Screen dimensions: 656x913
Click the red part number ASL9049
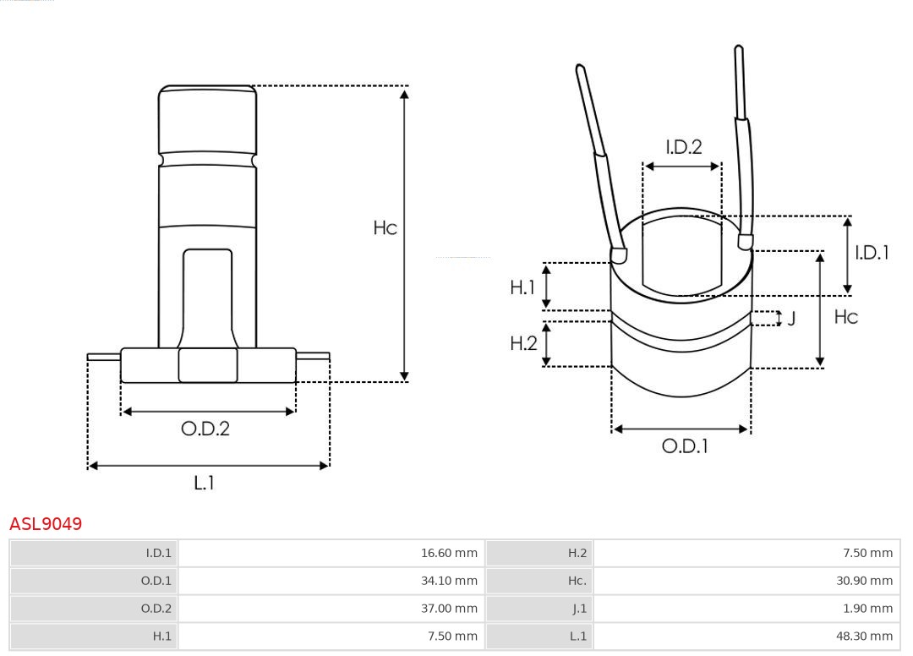pos(46,524)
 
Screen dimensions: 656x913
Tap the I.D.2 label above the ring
pos(683,147)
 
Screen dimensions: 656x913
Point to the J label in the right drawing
pos(791,319)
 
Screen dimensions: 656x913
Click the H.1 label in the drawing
pos(522,287)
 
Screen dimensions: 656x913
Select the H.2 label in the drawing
pos(523,343)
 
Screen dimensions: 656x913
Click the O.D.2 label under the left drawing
pos(205,429)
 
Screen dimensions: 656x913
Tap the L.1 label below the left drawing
pos(205,483)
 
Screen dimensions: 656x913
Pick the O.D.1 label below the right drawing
pos(684,446)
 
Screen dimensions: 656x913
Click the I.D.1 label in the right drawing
pos(872,252)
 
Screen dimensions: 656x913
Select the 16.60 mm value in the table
pos(449,554)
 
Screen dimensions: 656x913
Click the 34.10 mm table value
pos(449,581)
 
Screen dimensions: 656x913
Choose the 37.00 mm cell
pos(449,608)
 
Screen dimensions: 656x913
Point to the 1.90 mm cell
pos(867,608)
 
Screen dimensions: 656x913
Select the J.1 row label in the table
pos(577,608)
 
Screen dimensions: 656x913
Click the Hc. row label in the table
pos(577,581)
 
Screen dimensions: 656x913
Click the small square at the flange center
pos(208,365)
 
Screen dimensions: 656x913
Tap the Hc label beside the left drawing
pos(385,228)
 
